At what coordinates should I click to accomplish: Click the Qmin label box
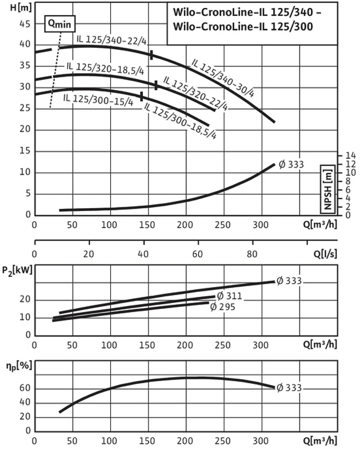[60, 25]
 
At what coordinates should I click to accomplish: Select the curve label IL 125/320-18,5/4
[104, 68]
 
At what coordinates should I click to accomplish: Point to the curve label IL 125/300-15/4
[98, 99]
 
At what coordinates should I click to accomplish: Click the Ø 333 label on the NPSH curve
[291, 164]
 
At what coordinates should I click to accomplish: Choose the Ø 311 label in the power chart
[230, 296]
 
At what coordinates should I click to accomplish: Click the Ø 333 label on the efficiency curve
[289, 388]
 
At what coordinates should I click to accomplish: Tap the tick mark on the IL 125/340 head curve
[152, 55]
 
